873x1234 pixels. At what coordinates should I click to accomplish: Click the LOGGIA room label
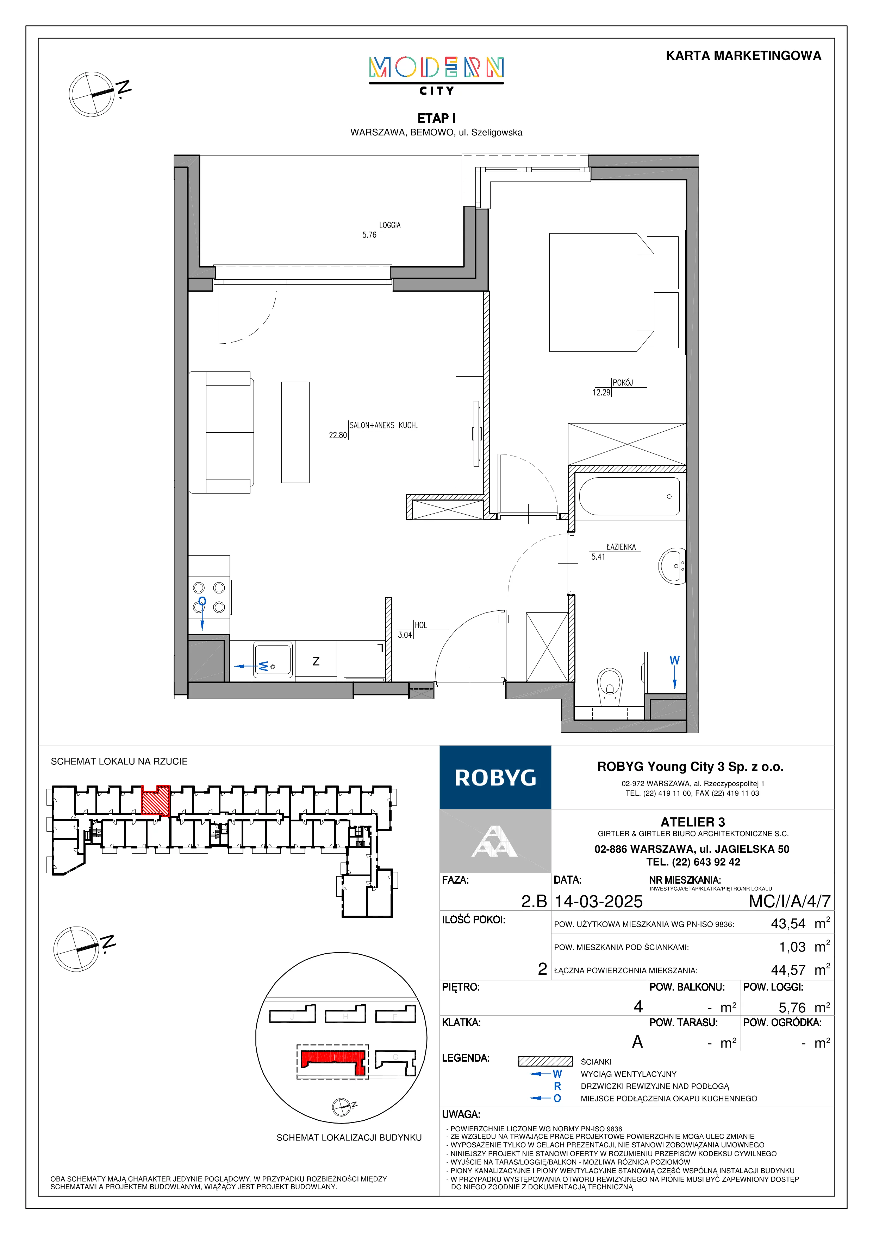click(x=390, y=225)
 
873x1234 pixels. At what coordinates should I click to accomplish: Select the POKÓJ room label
click(x=622, y=383)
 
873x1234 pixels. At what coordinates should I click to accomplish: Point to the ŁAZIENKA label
click(x=621, y=547)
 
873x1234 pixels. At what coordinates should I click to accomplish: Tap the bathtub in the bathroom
click(x=629, y=496)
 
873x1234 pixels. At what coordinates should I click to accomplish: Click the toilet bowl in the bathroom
click(x=610, y=685)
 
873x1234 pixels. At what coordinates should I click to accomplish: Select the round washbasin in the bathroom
click(x=672, y=565)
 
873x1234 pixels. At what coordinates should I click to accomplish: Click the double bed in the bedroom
click(x=613, y=292)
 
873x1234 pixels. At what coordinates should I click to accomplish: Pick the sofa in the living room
click(x=221, y=432)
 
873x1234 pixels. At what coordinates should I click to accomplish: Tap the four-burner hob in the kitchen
click(x=209, y=597)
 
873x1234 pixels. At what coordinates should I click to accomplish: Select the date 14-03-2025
click(x=599, y=901)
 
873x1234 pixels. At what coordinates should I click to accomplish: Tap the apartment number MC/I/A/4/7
click(x=790, y=901)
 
